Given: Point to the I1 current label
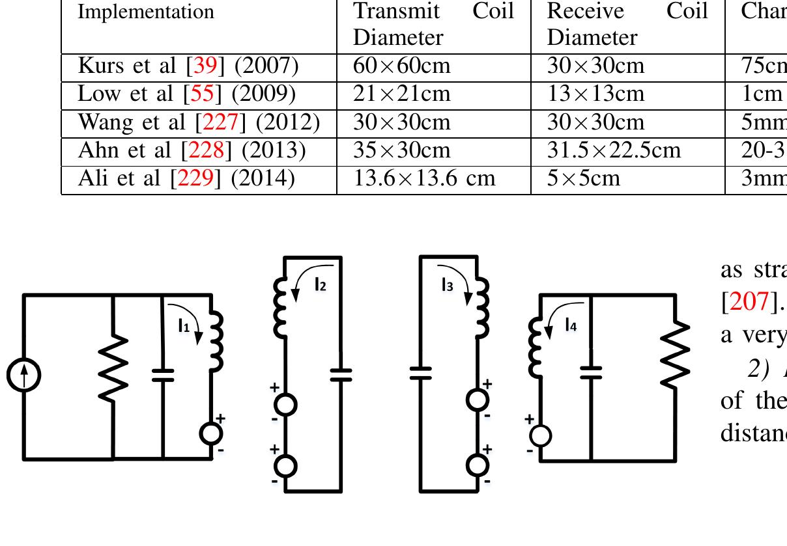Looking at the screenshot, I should [184, 327].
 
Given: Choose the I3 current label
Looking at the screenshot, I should [447, 284].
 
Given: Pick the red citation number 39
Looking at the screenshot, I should [201, 66].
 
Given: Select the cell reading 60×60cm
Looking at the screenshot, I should [401, 66].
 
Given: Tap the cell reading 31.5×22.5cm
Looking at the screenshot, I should [614, 150].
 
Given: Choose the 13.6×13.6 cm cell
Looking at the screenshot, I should [424, 178].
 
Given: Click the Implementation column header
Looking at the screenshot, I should [146, 12].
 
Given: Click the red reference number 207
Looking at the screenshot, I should [746, 301].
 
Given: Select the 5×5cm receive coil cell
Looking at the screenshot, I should [584, 178].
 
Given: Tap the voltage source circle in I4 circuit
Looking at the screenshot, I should [541, 435].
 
